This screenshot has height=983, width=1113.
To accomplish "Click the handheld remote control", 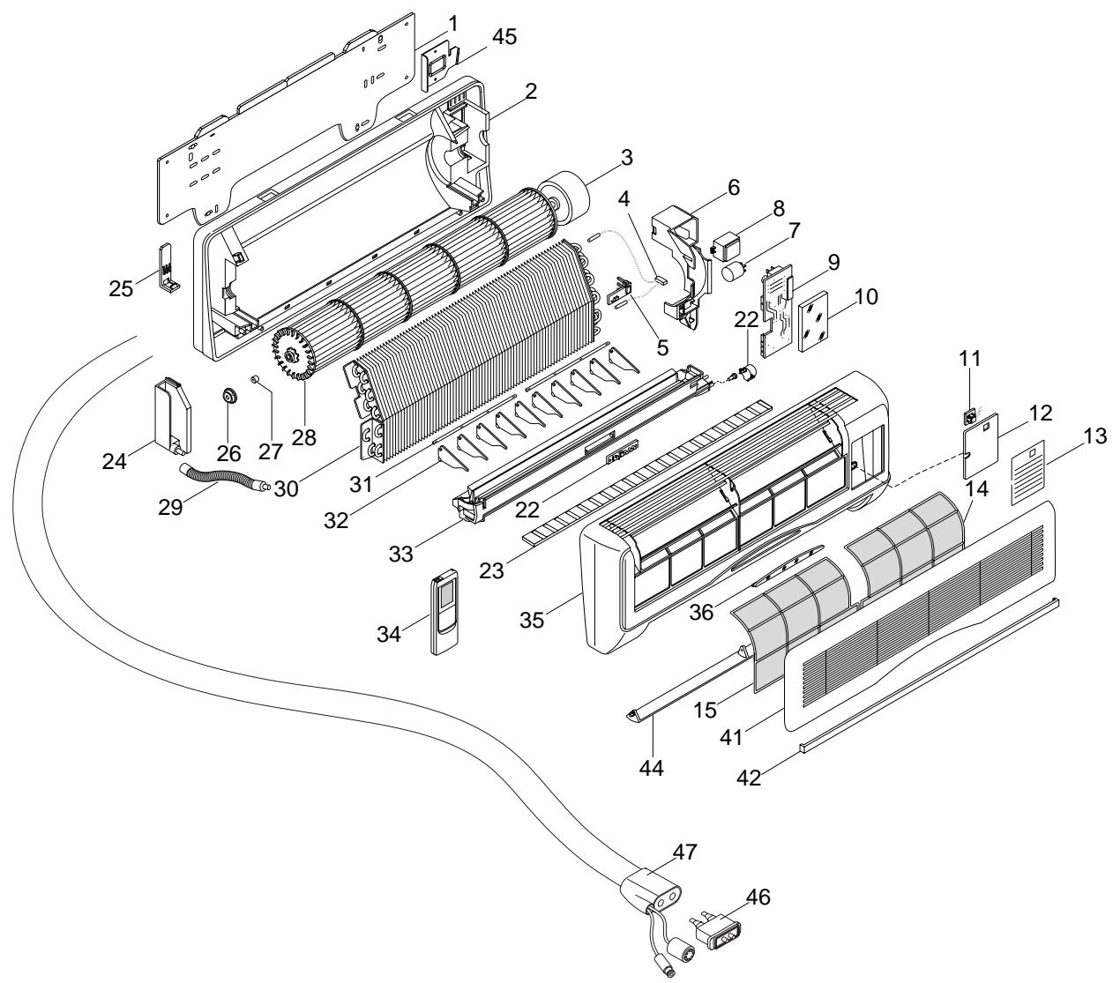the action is [x=444, y=612].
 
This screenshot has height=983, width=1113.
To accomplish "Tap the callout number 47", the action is [x=684, y=853].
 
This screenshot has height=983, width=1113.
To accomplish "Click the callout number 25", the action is [x=121, y=288].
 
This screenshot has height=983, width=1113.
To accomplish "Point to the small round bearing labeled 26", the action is [x=228, y=395].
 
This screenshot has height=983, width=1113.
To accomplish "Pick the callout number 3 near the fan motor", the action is [x=626, y=158].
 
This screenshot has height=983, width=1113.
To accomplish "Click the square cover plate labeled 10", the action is [x=813, y=321].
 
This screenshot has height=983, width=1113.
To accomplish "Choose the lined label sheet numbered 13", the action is [x=1027, y=472].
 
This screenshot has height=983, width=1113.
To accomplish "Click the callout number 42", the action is [x=749, y=778].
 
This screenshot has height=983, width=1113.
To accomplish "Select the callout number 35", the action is [x=531, y=620].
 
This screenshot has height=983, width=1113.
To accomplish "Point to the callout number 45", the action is [x=504, y=37].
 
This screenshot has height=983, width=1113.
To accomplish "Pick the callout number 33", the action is [x=400, y=555].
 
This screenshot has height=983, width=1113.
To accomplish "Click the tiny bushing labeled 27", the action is [x=255, y=379].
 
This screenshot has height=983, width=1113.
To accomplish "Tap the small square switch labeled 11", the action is [x=970, y=417].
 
